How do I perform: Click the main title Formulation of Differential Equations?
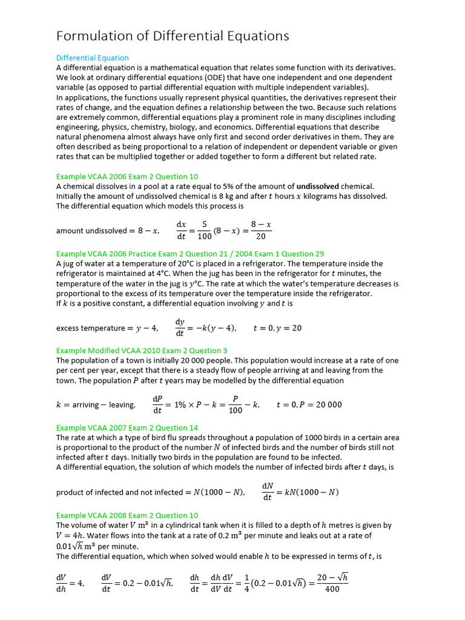173,36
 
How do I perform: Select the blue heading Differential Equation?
92,58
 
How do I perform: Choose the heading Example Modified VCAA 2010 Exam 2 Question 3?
142,351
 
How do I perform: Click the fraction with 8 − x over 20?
260,230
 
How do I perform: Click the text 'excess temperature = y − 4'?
107,328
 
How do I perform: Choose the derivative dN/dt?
267,492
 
